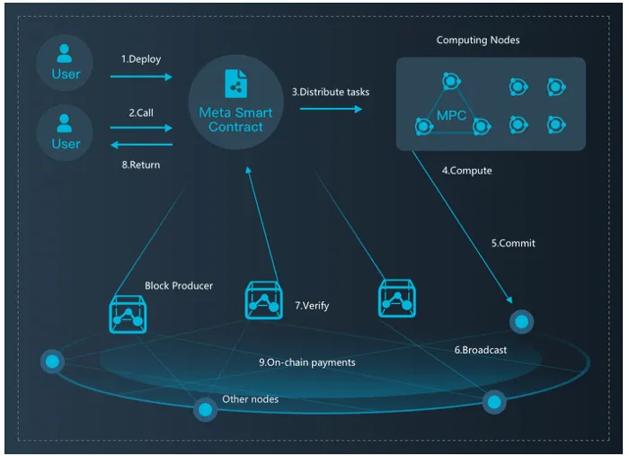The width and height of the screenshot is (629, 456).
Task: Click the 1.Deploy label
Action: point(141,59)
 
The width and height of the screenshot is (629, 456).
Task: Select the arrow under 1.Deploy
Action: point(141,76)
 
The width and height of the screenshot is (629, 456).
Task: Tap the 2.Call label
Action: point(141,112)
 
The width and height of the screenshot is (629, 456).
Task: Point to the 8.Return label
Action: point(141,165)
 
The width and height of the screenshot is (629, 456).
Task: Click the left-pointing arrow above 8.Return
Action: point(142,145)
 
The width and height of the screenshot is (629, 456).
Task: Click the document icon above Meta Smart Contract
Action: point(235,84)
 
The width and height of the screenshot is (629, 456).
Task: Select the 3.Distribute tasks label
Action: point(331,92)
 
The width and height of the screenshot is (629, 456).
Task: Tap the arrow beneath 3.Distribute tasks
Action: point(331,109)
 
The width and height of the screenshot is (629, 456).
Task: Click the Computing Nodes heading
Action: point(478,40)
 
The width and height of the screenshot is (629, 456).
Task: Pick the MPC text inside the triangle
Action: point(451,116)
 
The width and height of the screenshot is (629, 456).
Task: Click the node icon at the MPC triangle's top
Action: point(451,82)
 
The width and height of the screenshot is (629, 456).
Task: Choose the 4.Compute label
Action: point(467,171)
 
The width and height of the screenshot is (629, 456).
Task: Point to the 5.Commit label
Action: point(513,243)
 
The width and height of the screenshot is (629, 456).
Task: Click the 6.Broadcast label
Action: point(480,350)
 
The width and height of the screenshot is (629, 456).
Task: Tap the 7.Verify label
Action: point(312,306)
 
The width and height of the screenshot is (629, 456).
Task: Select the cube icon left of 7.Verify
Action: point(263,300)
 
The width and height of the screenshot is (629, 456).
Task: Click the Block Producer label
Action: point(179,286)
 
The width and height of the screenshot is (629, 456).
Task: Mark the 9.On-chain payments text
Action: point(307,362)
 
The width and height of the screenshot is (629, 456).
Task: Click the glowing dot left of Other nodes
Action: point(206,409)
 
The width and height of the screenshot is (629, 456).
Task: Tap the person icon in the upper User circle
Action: point(64,54)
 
